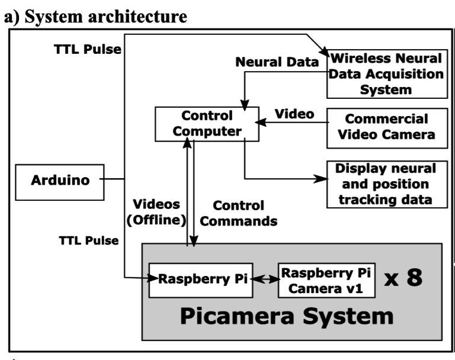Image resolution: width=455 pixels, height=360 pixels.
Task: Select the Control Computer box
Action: point(207,123)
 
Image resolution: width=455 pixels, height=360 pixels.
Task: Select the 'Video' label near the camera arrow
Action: point(290,112)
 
